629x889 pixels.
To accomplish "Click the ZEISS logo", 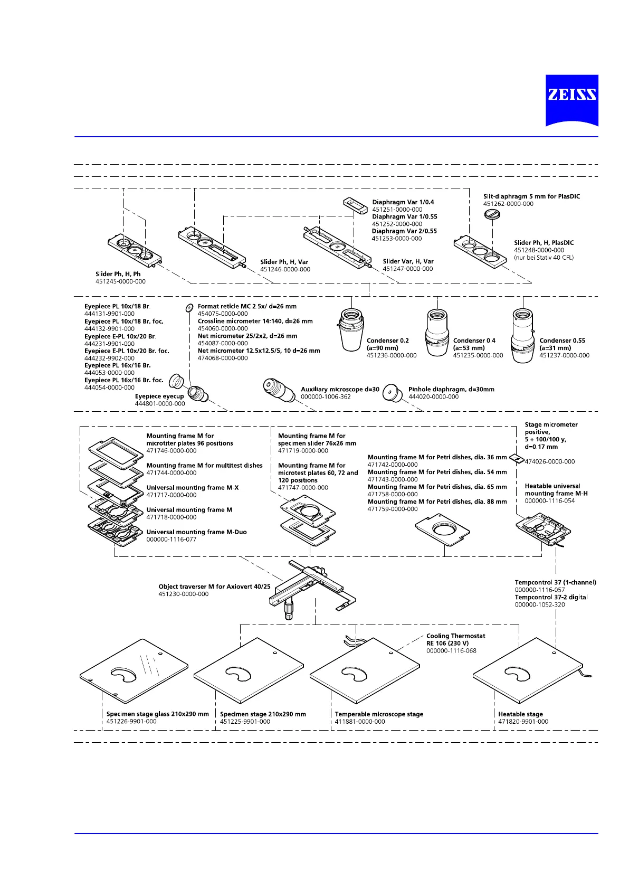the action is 571,100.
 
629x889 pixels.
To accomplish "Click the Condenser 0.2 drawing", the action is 350,329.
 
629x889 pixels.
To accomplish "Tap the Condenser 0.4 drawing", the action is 437,332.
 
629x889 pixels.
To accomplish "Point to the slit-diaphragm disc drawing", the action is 492,214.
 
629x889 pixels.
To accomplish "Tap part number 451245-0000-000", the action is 120,281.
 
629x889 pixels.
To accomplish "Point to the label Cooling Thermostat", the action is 455,636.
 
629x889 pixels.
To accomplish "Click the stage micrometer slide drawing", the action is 517,459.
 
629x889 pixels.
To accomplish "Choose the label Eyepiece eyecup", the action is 159,396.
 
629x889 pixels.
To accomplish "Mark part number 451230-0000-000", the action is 183,594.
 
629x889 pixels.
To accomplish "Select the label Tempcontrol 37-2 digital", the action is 551,597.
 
